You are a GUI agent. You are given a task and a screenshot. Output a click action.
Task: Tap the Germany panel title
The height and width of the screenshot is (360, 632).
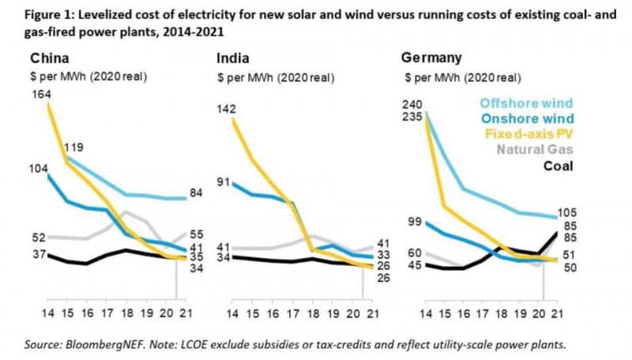[431, 58]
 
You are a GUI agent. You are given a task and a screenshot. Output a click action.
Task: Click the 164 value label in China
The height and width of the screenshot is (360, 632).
[41, 95]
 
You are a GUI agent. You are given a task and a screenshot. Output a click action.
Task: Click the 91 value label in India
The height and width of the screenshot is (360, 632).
[224, 183]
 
